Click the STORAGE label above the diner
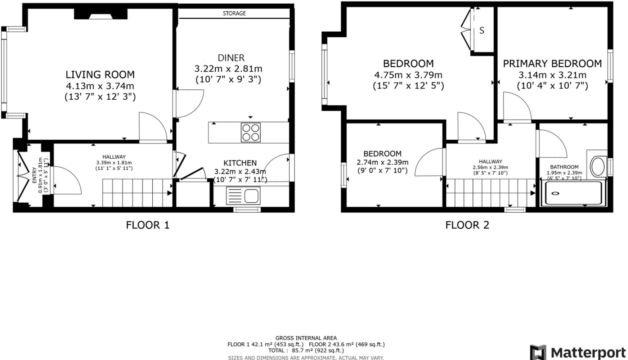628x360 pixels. tap(234, 13)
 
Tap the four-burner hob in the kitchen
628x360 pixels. tap(251, 132)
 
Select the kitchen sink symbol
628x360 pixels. tap(243, 196)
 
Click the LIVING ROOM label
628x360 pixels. tap(100, 75)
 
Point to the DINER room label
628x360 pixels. tap(231, 58)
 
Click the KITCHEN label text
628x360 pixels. tap(240, 163)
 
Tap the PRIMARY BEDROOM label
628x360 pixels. tap(552, 64)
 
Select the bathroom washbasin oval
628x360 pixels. tap(598, 166)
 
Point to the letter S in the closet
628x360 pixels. tap(482, 31)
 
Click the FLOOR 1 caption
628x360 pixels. tap(148, 225)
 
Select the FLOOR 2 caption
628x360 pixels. tap(467, 225)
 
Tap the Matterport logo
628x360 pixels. tap(578, 352)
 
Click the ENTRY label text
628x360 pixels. tap(34, 175)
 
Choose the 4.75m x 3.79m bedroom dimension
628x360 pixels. tap(408, 75)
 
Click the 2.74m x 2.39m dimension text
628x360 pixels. tap(382, 162)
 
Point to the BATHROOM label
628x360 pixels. tap(564, 167)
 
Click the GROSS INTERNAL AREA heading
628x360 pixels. tap(306, 338)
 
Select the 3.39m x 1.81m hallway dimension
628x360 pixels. tap(114, 162)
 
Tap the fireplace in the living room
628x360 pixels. tap(100, 14)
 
